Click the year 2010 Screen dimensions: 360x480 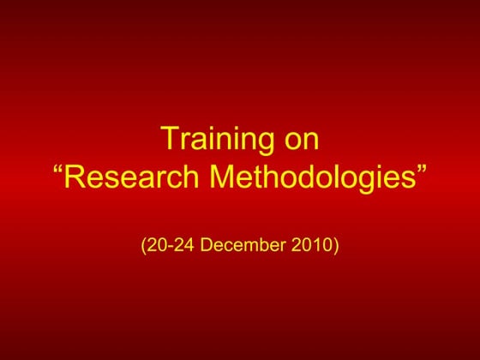coord(313,246)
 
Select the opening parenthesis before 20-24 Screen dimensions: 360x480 coord(143,247)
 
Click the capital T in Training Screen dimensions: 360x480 coord(169,141)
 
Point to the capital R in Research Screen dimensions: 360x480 coord(77,177)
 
